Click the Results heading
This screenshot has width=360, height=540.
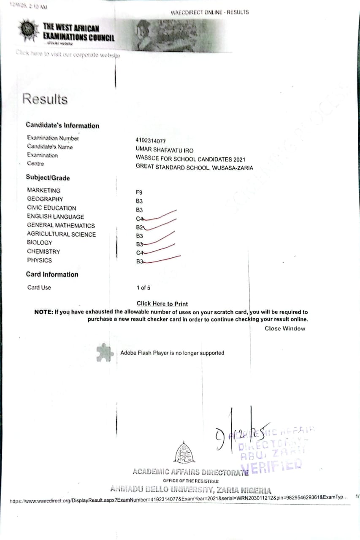coord(45,99)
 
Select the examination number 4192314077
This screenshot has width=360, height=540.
coord(154,141)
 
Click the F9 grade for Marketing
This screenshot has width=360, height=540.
coord(139,192)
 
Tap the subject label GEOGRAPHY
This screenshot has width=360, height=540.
coord(45,199)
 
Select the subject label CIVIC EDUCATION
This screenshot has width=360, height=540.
coord(51,208)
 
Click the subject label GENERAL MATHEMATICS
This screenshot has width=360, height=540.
coord(61,225)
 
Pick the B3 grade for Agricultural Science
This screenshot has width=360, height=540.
coord(140,236)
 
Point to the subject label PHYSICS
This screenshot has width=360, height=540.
coord(39,260)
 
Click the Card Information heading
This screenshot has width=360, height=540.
coord(52,274)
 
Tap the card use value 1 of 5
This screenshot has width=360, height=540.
coord(143,288)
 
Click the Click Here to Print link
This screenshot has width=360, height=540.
coord(162,304)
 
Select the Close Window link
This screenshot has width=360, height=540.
coord(285,329)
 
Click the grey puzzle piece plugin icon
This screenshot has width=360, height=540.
coord(104,353)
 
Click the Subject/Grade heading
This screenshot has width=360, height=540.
coord(48,178)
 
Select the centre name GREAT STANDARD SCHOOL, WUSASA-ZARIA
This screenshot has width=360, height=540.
coord(194,167)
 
